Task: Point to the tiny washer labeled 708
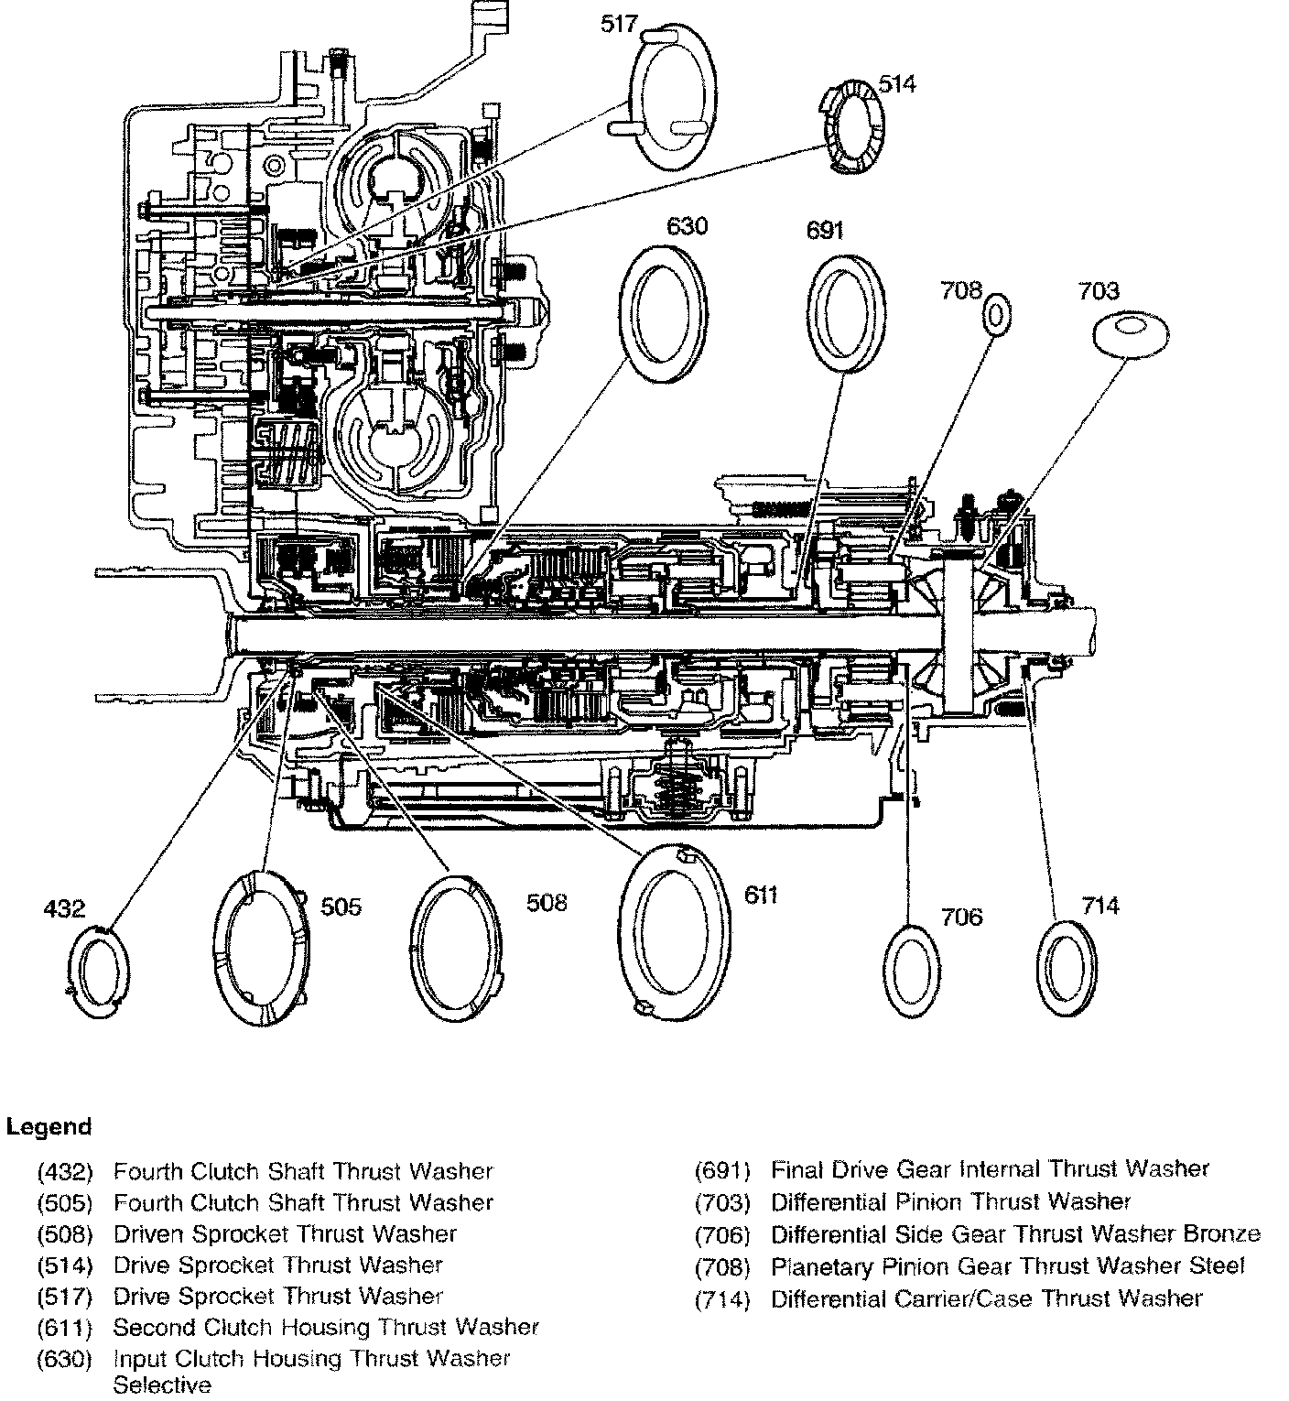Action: (x=997, y=317)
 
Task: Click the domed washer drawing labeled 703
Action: (x=1132, y=331)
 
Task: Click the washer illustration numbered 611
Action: (x=675, y=927)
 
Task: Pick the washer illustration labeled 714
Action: (x=1068, y=967)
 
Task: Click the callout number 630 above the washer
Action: (x=687, y=224)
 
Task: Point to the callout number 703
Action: (x=1098, y=291)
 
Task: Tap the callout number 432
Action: (x=64, y=908)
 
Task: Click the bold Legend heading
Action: (x=49, y=1126)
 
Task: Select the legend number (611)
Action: (x=65, y=1328)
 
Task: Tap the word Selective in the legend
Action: (x=162, y=1385)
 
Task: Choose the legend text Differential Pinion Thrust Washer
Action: (x=951, y=1202)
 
